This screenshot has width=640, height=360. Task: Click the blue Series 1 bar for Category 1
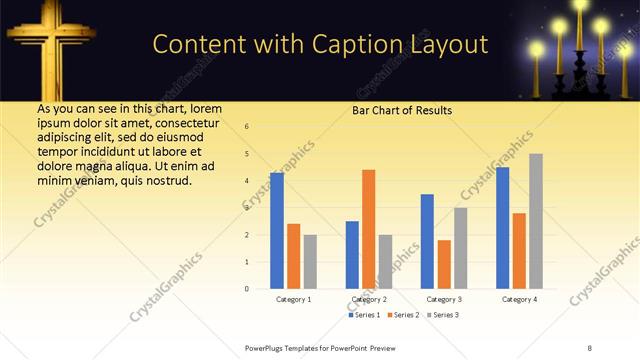tap(277, 231)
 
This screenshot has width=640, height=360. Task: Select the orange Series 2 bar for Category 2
tap(368, 229)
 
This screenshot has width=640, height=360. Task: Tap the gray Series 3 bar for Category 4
tap(536, 221)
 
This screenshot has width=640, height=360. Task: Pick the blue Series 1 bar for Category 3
tap(427, 241)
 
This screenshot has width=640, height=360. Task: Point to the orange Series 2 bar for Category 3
tap(444, 264)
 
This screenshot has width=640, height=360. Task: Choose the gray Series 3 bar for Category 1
tap(310, 261)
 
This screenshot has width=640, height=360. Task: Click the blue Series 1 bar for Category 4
tap(503, 228)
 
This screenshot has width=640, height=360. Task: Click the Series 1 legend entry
tap(365, 315)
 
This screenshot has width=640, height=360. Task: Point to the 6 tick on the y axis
tap(247, 126)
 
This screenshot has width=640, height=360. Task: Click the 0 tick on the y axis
tap(247, 289)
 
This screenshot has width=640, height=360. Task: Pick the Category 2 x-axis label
tap(369, 299)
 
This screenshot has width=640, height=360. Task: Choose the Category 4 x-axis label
tap(519, 299)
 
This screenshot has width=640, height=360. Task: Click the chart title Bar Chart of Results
tap(402, 110)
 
